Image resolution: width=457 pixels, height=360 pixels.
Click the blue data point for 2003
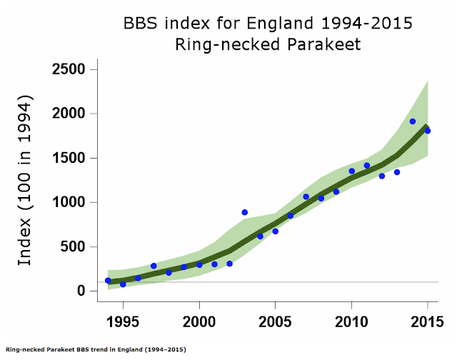tap(245, 212)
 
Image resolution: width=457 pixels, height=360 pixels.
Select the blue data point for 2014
tap(413, 121)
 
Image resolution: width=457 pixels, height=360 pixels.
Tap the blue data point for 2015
tap(428, 131)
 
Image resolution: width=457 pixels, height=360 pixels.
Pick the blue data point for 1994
tap(108, 281)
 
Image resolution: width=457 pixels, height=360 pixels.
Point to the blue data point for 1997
tap(154, 266)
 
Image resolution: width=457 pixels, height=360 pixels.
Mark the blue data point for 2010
tap(351, 171)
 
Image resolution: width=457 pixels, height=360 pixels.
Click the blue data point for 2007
tap(306, 196)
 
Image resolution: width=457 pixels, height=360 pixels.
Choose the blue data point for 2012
tap(382, 176)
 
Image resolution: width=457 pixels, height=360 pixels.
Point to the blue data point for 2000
tap(199, 264)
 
